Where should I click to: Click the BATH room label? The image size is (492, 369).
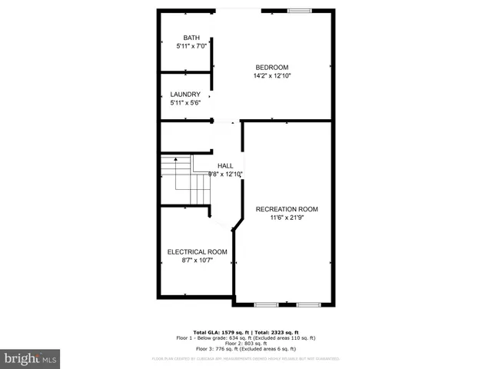(x=191, y=38)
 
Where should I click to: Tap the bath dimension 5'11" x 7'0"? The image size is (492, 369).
(x=191, y=46)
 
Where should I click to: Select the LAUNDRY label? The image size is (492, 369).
(x=185, y=95)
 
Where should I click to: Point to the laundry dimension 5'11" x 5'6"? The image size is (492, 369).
(x=185, y=103)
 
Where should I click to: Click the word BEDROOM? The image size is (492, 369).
(x=272, y=67)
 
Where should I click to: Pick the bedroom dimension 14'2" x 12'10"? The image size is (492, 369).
(x=272, y=75)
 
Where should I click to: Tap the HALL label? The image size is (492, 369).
(x=225, y=166)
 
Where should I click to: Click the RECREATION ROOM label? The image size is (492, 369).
(x=287, y=209)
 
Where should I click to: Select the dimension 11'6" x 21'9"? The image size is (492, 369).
(x=287, y=218)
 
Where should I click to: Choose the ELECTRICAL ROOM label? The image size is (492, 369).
(x=198, y=252)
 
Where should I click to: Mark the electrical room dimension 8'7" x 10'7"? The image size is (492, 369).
(x=198, y=261)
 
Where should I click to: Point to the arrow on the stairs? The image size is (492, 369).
(x=176, y=160)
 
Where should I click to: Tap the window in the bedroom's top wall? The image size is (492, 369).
(x=298, y=11)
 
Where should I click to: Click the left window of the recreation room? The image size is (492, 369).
(x=266, y=304)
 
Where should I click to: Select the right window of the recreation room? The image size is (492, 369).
(x=307, y=304)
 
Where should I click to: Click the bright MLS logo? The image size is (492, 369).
(x=31, y=358)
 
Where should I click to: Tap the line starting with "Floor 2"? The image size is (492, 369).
(x=246, y=343)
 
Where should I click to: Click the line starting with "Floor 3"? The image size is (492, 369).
(x=246, y=349)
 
